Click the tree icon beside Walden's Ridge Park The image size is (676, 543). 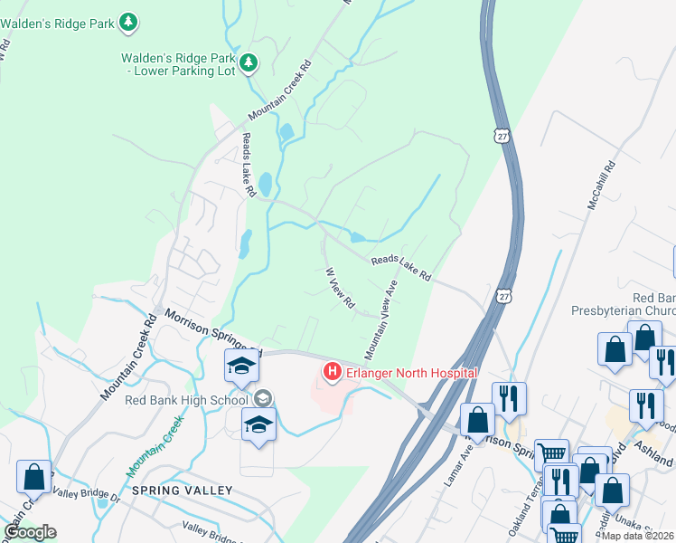129,21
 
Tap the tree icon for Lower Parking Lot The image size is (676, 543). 249,63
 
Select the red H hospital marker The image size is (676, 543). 332,372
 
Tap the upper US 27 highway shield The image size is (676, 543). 502,135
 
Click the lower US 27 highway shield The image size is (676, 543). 503,296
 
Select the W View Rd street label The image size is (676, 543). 339,289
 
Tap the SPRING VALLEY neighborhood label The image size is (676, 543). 182,491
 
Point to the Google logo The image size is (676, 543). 30,532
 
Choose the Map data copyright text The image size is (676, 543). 637,536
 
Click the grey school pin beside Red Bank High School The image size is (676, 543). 264,398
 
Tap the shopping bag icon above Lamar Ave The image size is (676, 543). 477,418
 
